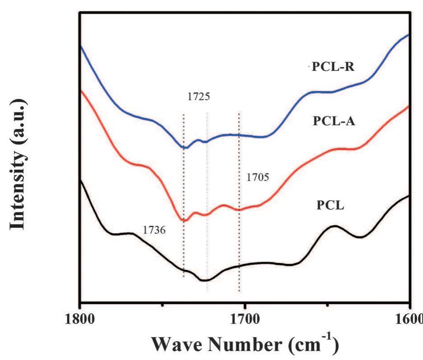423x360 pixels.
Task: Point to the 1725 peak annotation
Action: (198, 96)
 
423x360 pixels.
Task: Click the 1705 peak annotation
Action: (257, 178)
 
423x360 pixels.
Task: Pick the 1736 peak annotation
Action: (154, 230)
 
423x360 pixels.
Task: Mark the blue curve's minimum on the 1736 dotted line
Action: (184, 147)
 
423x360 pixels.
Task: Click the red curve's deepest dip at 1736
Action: (183, 220)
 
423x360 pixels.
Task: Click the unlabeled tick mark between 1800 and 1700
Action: (162, 305)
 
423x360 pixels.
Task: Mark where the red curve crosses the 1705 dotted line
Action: (239, 210)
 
